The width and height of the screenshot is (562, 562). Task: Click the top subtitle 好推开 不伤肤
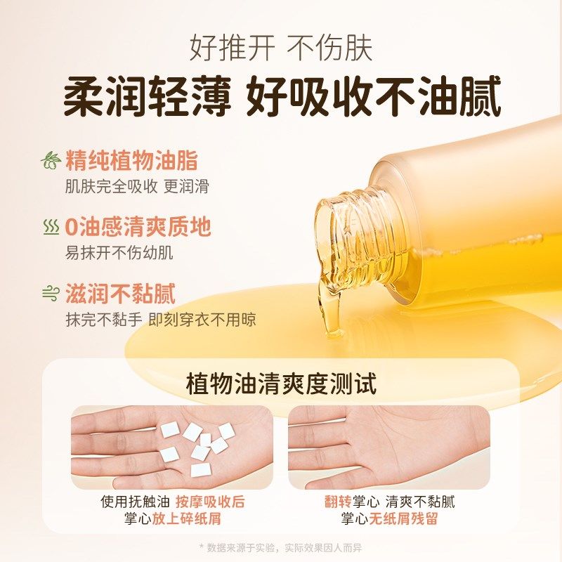[281, 48]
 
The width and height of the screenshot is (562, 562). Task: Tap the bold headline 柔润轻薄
[147, 98]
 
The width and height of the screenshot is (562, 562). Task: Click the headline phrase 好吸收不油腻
[373, 98]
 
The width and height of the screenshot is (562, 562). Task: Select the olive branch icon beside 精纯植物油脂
[51, 161]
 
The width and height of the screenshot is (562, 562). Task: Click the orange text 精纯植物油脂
[131, 161]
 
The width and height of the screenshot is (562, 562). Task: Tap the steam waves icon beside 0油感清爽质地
[51, 227]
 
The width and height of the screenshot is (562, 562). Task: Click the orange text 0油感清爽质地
[137, 227]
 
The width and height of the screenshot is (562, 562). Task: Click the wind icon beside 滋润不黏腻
[51, 293]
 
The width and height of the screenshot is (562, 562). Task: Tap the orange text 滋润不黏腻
[120, 293]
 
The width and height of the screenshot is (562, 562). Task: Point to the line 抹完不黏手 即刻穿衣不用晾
[161, 320]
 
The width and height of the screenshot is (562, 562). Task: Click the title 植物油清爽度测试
[281, 384]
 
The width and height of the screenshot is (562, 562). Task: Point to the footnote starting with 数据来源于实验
[281, 547]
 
